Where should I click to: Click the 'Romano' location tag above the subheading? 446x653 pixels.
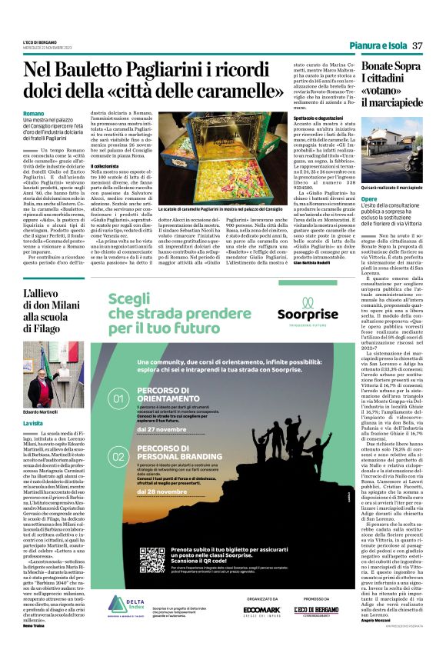point(34,113)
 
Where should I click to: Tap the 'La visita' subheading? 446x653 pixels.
point(33,423)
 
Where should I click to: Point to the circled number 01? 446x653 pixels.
point(119,399)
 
